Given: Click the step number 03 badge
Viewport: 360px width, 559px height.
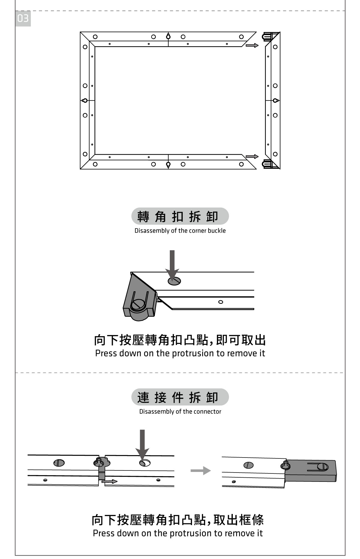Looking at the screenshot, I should [23, 19].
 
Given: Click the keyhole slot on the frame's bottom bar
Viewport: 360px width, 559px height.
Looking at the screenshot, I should [168, 165].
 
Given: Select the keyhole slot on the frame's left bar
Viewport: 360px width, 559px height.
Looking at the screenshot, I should [85, 100].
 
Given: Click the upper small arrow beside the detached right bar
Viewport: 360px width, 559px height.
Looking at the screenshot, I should [252, 45].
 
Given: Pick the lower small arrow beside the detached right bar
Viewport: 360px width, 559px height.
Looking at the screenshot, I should [252, 156].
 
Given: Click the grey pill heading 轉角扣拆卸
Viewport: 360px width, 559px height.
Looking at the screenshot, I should [180, 216].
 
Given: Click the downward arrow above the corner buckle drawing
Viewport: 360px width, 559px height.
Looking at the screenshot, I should [172, 264].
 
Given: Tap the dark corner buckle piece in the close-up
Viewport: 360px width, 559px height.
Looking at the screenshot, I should [139, 300].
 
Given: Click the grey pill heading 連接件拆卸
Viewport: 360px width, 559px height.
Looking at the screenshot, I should [180, 397].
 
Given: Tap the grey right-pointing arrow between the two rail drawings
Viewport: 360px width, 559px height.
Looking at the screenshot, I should [200, 470].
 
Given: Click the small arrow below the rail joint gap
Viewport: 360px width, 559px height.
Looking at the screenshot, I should [109, 482].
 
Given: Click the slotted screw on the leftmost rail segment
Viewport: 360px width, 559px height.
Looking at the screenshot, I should [59, 463].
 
